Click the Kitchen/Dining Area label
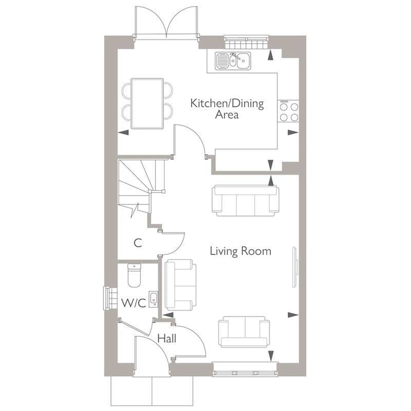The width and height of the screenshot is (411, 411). point(227,109)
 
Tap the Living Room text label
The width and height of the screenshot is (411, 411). point(240,252)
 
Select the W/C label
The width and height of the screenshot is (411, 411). point(134,303)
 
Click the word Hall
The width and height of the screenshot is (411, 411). point(166,339)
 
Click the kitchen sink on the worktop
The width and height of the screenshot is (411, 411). point(233,61)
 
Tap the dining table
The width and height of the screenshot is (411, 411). point(147,103)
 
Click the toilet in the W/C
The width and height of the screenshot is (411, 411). point(134,275)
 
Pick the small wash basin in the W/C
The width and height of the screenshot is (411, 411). point(153,298)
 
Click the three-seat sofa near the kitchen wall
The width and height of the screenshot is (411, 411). point(245,200)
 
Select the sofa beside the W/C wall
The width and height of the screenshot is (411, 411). point(180,286)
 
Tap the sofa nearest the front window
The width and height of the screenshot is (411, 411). point(244,332)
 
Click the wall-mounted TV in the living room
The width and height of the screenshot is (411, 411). point(295,267)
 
